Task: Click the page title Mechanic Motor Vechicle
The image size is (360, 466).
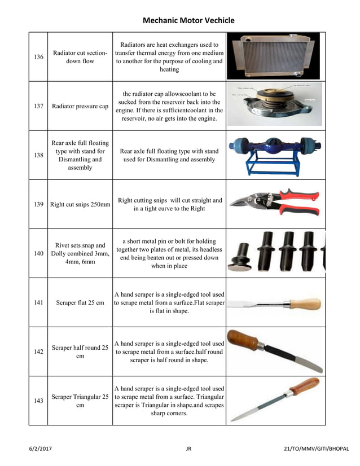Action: pos(188,20)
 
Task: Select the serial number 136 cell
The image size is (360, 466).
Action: pos(38,57)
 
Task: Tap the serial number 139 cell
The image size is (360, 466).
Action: pos(38,204)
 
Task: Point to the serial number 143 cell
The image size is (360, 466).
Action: pos(38,401)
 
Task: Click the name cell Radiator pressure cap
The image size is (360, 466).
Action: pos(80,106)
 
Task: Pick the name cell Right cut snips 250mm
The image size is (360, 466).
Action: pos(80,204)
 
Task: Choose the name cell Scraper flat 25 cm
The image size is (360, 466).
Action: pos(80,302)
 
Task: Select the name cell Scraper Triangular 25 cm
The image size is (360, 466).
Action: pos(80,401)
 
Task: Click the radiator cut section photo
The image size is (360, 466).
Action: pos(273,56)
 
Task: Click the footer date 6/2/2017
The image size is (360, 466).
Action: pos(41,449)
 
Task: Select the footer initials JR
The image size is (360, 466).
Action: pos(188,449)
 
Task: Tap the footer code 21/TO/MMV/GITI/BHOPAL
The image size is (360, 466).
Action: pos(317,449)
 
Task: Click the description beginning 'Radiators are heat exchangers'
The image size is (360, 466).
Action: pos(169,57)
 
